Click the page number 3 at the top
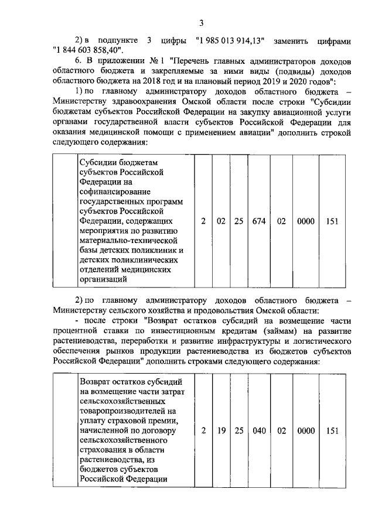tap(201, 23)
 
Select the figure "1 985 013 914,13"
tap(231, 41)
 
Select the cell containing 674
tap(259, 221)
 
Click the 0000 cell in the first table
tap(306, 221)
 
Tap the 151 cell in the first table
tap(333, 221)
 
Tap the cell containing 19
tap(221, 430)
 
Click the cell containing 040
tap(259, 430)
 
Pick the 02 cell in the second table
tap(281, 430)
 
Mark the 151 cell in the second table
tap(333, 430)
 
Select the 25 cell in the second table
tap(239, 430)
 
